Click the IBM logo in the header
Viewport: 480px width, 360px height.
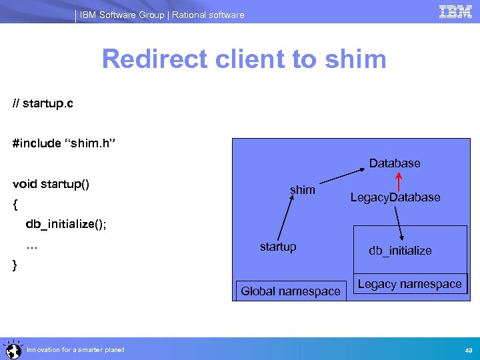click(x=455, y=11)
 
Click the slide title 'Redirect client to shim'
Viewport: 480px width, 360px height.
click(x=244, y=59)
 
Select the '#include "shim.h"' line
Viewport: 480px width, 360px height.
click(x=65, y=143)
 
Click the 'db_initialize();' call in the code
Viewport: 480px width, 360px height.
click(x=66, y=223)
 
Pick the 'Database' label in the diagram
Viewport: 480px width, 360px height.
click(x=395, y=163)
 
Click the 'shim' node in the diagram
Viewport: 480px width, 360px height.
click(x=303, y=190)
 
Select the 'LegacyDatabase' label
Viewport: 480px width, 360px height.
click(x=395, y=197)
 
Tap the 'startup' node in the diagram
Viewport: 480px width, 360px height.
click(x=278, y=247)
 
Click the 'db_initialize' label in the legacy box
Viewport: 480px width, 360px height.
click(x=400, y=251)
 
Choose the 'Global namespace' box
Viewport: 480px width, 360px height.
click(x=291, y=291)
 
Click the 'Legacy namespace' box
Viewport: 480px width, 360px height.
click(x=409, y=284)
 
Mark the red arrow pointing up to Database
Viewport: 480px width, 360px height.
click(x=399, y=180)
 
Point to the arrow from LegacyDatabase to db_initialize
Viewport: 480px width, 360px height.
click(x=399, y=223)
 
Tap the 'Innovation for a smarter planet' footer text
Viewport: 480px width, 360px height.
click(x=75, y=350)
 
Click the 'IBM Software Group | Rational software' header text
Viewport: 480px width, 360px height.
click(x=162, y=15)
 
